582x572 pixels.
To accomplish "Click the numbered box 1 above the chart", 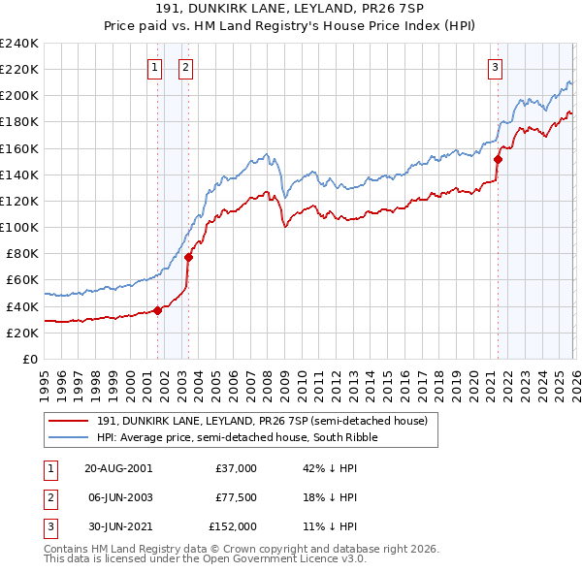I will [x=154, y=67].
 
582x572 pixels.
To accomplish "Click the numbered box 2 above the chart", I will [x=184, y=67].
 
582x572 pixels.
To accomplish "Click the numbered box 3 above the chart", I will [x=495, y=67].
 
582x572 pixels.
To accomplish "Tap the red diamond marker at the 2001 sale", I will [x=157, y=310].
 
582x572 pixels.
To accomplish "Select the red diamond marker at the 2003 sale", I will [x=188, y=257].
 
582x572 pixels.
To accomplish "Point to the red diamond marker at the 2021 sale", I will [x=498, y=159].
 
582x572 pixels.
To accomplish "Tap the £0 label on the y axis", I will [x=29, y=359].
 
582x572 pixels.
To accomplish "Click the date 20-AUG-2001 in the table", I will [x=118, y=468].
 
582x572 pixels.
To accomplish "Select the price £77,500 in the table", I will [x=236, y=497].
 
